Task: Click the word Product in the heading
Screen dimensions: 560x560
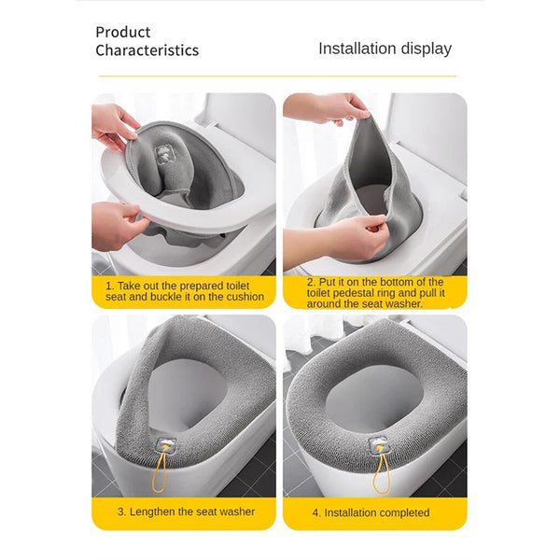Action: point(123,32)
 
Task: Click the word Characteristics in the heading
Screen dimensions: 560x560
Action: point(147,50)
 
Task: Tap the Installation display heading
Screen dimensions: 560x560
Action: point(385,49)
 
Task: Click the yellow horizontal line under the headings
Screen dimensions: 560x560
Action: point(280,76)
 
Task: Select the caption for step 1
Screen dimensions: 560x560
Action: point(184,290)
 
